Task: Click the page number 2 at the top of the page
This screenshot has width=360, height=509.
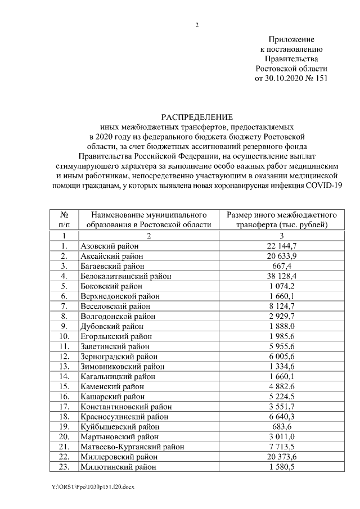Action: [x=197, y=25]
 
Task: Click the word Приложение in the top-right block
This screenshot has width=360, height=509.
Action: [x=291, y=39]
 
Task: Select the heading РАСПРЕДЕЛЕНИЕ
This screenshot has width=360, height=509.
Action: [x=197, y=117]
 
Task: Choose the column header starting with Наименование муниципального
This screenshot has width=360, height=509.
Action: [x=148, y=220]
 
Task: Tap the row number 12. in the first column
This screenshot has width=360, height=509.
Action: [x=65, y=357]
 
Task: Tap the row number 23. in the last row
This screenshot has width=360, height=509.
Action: [x=65, y=467]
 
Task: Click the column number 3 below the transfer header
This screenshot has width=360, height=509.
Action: [x=281, y=236]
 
